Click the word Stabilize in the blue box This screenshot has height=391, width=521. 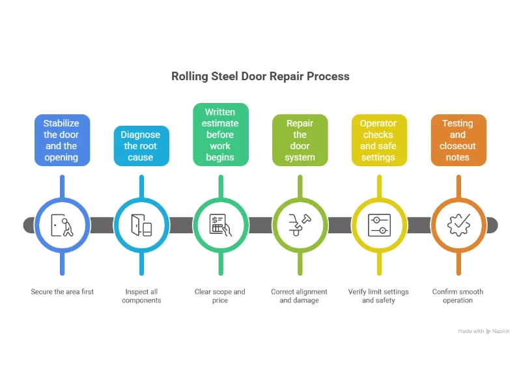[61, 122]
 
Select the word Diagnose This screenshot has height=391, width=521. [141, 134]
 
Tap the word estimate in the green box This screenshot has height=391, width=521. [221, 123]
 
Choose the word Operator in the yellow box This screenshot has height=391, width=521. [378, 123]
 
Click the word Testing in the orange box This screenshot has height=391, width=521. [458, 123]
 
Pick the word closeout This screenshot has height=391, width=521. [458, 146]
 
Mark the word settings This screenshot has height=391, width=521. [378, 158]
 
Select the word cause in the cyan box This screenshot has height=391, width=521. [141, 158]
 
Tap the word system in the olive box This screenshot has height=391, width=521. [300, 158]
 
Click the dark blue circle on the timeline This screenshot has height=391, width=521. [61, 225]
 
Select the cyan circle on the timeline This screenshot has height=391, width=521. [141, 225]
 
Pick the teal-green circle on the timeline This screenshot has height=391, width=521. [221, 225]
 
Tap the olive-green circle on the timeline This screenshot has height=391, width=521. [300, 225]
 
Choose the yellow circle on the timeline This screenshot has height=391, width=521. [378, 225]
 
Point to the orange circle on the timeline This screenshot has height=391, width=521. [458, 225]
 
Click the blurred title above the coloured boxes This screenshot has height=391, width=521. [260, 77]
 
